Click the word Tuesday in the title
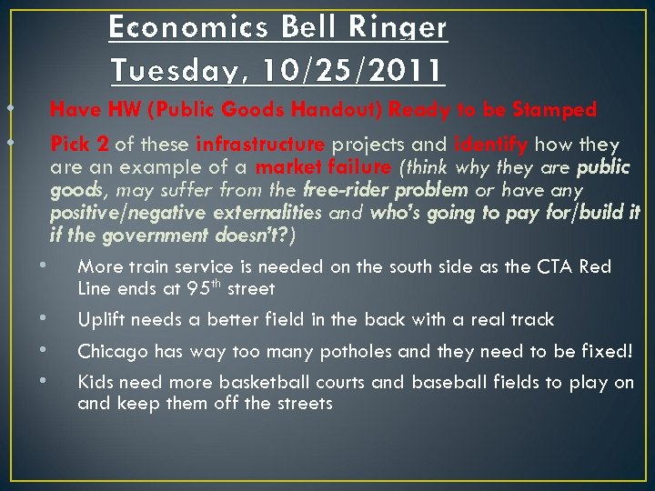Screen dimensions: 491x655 tap(179, 68)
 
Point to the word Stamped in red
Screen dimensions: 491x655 tap(554, 110)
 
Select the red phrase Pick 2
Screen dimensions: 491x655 tap(79, 145)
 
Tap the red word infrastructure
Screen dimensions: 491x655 tap(259, 145)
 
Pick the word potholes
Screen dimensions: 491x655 tap(350, 351)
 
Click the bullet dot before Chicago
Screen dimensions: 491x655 tap(43, 349)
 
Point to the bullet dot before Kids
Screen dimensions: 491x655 tap(43, 381)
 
